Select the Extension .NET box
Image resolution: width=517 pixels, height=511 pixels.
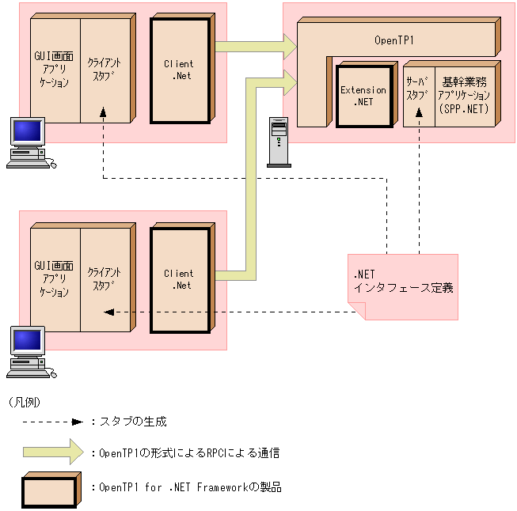coord(363,95)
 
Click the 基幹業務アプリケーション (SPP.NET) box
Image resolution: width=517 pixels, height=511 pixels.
coord(465,94)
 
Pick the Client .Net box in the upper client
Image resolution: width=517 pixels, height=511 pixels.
coord(179,70)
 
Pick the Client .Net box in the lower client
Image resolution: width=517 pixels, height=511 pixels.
coord(179,280)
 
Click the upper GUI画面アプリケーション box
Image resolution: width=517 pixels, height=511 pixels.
coord(55,70)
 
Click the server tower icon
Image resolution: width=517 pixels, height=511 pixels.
coord(279,142)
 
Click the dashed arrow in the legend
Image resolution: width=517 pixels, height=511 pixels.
coord(51,422)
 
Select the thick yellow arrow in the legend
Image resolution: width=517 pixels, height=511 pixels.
coord(52,452)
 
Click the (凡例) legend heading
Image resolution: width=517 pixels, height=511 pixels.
coord(25,402)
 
